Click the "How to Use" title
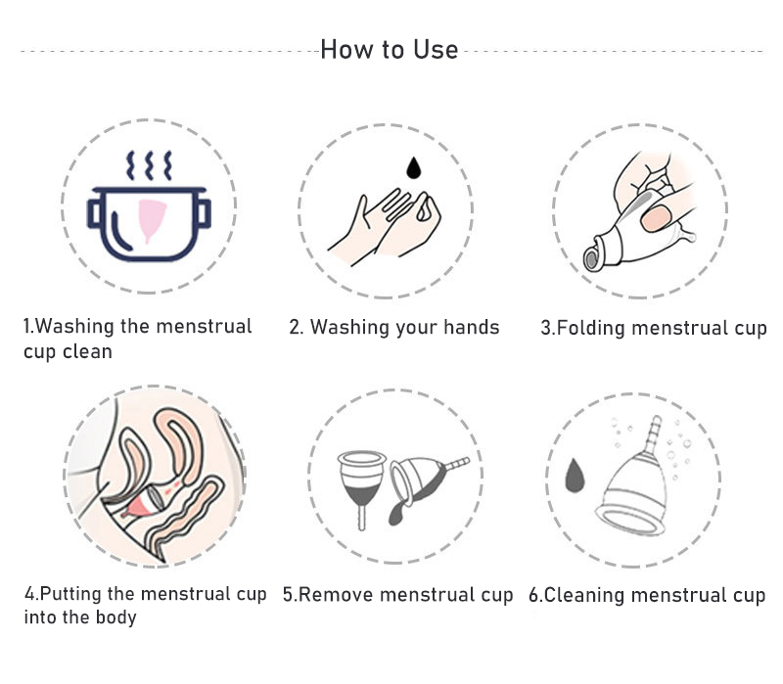[389, 50]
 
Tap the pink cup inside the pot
[152, 218]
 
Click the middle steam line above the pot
[149, 164]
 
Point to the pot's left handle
[94, 213]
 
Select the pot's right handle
[204, 213]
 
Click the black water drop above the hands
[413, 167]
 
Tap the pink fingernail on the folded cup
[655, 218]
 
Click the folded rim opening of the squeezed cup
[593, 256]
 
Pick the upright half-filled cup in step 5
[361, 481]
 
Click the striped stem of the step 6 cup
[652, 434]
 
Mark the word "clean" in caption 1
[87, 352]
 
